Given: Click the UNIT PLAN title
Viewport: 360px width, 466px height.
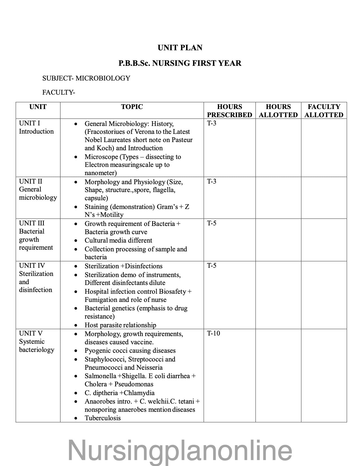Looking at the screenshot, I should pyautogui.click(x=180, y=48).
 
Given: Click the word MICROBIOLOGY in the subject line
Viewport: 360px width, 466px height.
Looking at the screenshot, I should pyautogui.click(x=103, y=78).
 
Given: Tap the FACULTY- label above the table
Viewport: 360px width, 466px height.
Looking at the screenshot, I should pyautogui.click(x=59, y=92).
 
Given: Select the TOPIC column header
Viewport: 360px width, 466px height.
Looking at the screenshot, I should pyautogui.click(x=132, y=107).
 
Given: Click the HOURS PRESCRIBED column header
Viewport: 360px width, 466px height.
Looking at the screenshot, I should pyautogui.click(x=229, y=111).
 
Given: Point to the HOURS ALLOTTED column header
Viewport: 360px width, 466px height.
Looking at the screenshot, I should pyautogui.click(x=278, y=111).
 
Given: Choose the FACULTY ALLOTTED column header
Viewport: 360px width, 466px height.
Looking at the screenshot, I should pyautogui.click(x=324, y=111).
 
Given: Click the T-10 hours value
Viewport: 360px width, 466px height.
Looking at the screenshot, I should pyautogui.click(x=213, y=333).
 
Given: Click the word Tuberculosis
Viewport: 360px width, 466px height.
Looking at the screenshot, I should pyautogui.click(x=102, y=418).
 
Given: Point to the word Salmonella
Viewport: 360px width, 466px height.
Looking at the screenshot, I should pyautogui.click(x=100, y=376).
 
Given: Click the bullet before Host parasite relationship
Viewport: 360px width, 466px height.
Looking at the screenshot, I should pyautogui.click(x=75, y=325).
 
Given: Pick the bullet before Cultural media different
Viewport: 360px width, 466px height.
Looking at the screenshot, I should pyautogui.click(x=75, y=241).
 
